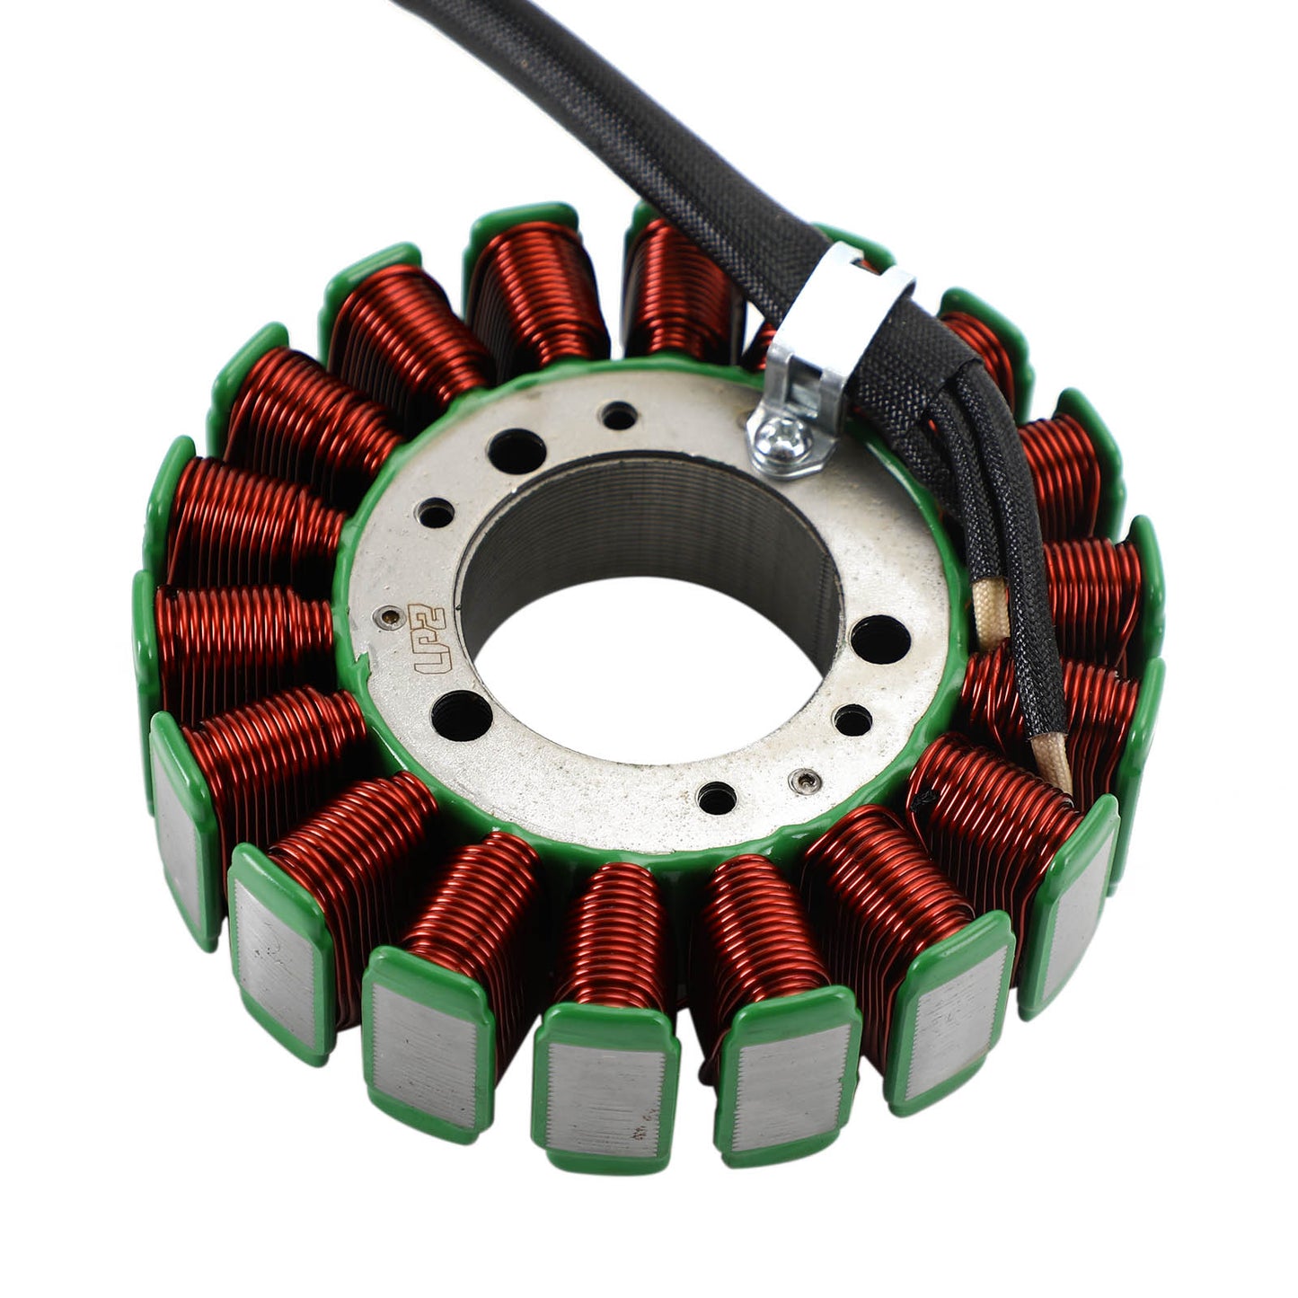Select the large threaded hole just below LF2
pos(461,716)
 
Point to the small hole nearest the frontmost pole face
pos(715,794)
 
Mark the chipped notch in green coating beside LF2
pos(364,669)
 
